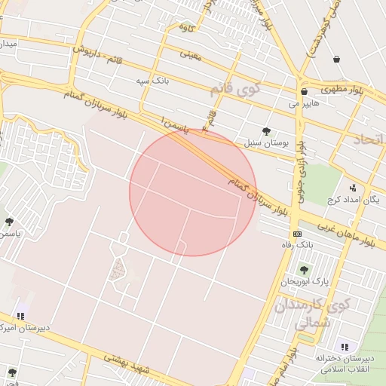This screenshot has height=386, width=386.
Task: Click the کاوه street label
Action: [x=186, y=28]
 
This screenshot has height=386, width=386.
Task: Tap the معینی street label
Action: [x=191, y=55]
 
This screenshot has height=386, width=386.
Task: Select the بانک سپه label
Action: [x=151, y=79]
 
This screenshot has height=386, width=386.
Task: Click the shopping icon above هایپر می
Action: [x=304, y=91]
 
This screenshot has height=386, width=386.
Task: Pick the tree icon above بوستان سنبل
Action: [x=265, y=130]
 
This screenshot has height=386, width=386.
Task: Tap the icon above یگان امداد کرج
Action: [x=352, y=188]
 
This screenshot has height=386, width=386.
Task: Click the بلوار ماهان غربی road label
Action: [x=348, y=233]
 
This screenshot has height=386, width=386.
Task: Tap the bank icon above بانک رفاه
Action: [x=297, y=234]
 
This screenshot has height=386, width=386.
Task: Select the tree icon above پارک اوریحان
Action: [x=304, y=269]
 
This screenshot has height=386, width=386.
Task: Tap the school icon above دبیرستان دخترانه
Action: [x=345, y=347]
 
